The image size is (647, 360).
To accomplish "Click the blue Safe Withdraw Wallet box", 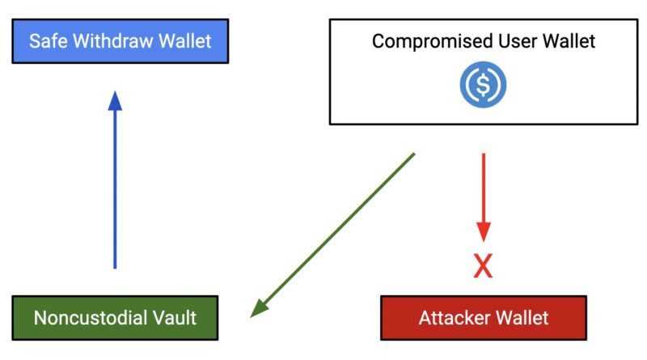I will pos(120,40).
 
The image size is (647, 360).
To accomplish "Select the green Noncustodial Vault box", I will pos(115,317).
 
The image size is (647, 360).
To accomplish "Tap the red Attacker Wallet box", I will pos(483,317).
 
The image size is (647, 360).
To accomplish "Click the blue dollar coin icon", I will pos(483,85).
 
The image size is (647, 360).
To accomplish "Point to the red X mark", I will pos(483,266).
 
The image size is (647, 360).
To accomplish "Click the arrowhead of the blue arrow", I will pos(115,101).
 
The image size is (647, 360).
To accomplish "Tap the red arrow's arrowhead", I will pos(483,231).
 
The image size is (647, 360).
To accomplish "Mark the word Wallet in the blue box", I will pos(184,40).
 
